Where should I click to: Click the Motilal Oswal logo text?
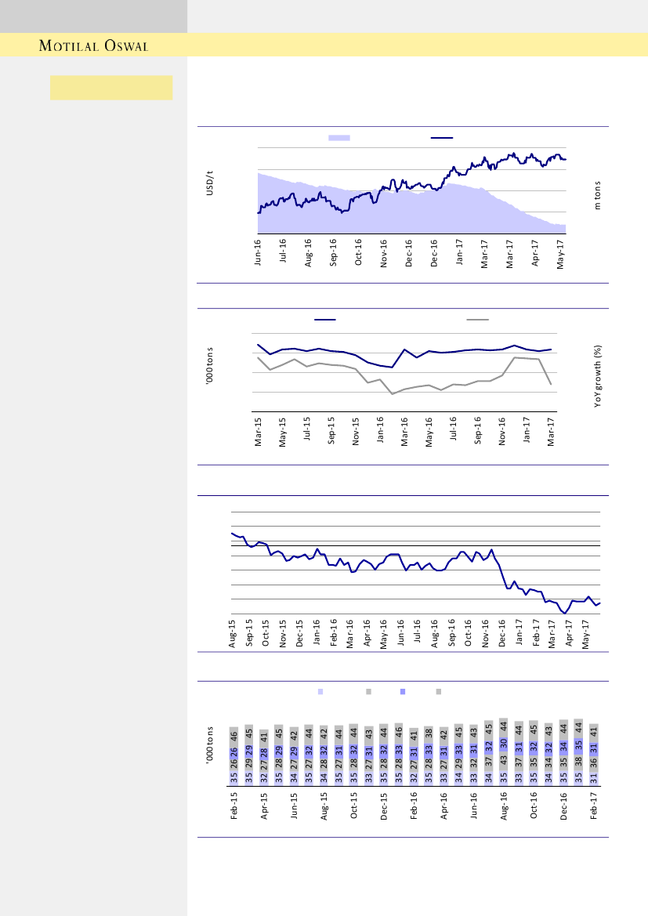[94, 45]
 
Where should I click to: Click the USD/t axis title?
[210, 185]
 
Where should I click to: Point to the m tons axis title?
[597, 196]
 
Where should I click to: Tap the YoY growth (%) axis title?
[597, 377]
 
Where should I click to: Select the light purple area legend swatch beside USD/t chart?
[338, 137]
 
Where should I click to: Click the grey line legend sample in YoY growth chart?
[477, 320]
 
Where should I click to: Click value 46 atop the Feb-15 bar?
[233, 736]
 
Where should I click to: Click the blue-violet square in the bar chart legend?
[403, 692]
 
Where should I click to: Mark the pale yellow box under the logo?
[111, 88]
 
